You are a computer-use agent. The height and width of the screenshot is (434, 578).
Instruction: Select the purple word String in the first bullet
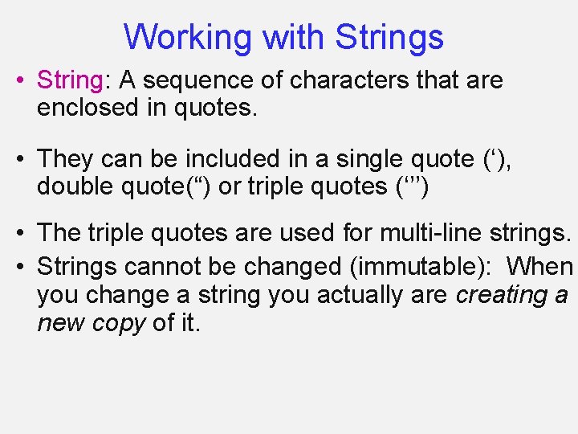pos(70,80)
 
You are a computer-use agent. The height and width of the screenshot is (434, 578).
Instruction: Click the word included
pos(240,159)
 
